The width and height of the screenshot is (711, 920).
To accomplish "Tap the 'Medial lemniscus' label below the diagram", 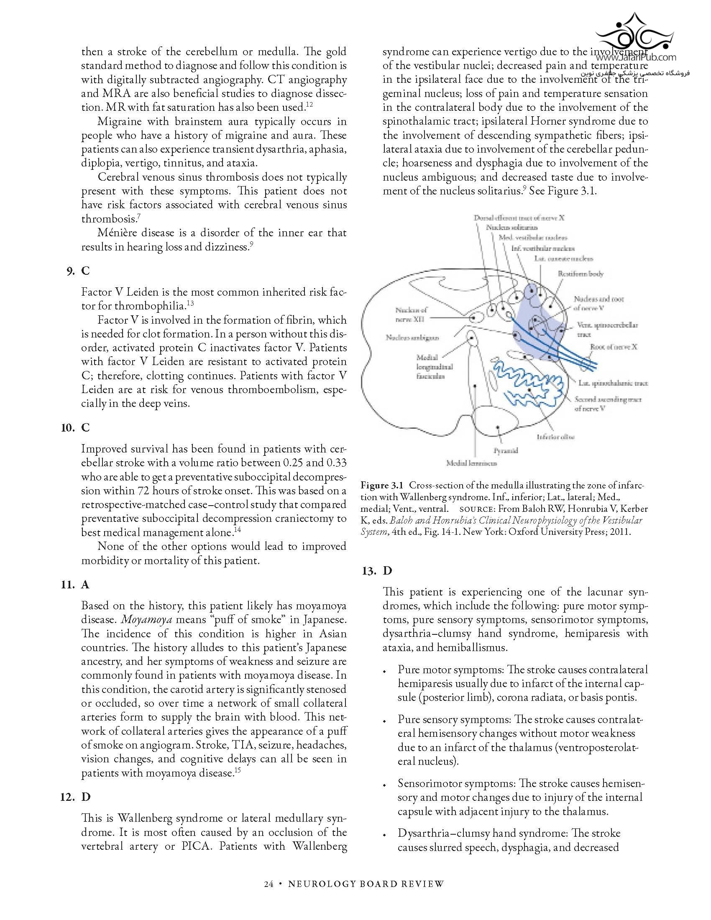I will coord(471,463).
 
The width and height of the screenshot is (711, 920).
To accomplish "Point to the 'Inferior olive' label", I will coord(555,437).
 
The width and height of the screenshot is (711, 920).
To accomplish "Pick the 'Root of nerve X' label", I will coord(614,347).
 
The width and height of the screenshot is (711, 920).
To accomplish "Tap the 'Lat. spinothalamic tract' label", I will coord(613,383).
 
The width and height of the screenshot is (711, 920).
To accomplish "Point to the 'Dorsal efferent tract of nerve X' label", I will coord(519,218).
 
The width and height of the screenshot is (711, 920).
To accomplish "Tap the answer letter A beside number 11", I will coord(85,585).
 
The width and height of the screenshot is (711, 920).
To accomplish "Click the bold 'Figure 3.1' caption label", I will coord(381,486).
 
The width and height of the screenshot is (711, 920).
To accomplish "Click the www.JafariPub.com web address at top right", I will coord(636,57).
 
